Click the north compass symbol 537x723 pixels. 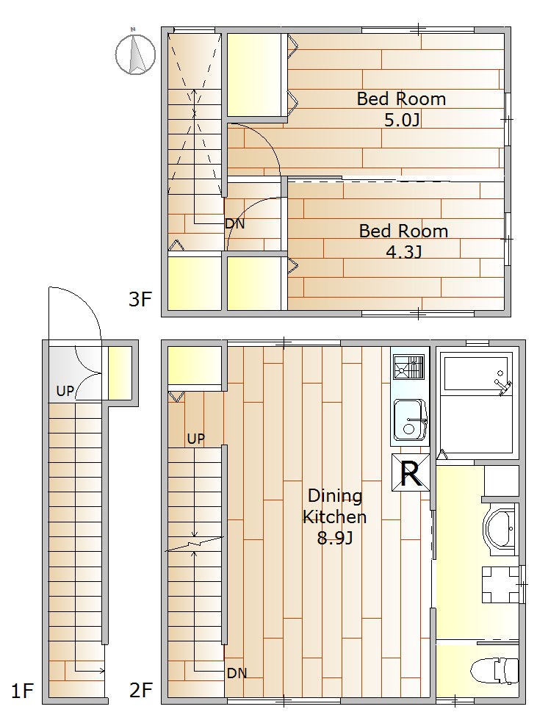click(134, 54)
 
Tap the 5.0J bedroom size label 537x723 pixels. click(402, 120)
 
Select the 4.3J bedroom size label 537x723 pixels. click(404, 252)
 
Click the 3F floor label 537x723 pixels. click(140, 299)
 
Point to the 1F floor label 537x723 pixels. click(22, 691)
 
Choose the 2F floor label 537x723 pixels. click(140, 690)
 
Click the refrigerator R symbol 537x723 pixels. click(410, 472)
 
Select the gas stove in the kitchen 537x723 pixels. click(409, 367)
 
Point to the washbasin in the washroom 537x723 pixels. click(500, 528)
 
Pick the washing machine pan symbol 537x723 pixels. click(500, 584)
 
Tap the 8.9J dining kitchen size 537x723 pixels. click(335, 538)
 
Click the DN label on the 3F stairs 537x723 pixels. click(234, 224)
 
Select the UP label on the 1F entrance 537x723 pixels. click(65, 391)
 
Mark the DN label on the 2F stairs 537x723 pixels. click(237, 673)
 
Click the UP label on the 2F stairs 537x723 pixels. click(196, 439)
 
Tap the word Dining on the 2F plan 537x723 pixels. click(335, 496)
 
